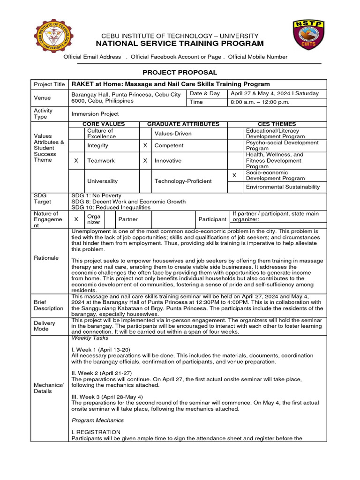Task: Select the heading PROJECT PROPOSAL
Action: (180, 72)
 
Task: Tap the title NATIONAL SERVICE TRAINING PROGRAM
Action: (180, 44)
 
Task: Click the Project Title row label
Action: (49, 84)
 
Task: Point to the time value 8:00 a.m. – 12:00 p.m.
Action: (260, 102)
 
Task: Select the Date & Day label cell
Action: (205, 94)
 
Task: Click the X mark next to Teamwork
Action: (76, 160)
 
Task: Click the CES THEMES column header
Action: (277, 124)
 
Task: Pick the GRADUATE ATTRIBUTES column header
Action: (183, 124)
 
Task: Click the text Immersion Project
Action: (95, 114)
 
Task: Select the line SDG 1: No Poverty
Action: (96, 195)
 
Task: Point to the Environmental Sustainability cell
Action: (283, 187)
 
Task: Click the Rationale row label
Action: (46, 258)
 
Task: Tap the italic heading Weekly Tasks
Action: (90, 338)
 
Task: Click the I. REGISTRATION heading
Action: (96, 432)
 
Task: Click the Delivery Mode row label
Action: (45, 326)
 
